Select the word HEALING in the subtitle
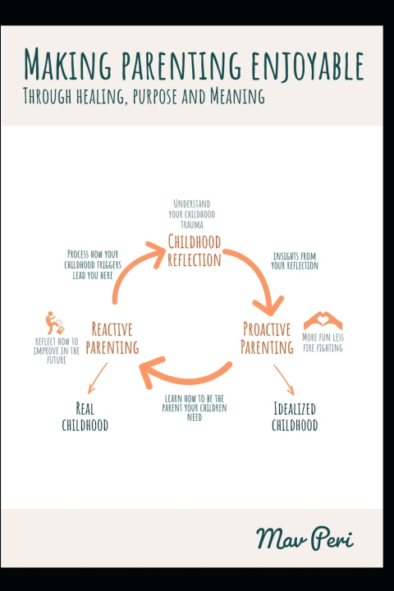(100, 96)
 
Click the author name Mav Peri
(305, 538)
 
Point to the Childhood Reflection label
(195, 250)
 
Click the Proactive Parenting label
(267, 338)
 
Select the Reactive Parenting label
(112, 338)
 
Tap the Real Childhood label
(85, 416)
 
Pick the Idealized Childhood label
(295, 416)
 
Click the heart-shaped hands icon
(323, 321)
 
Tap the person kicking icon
(55, 323)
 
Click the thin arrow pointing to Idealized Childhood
(283, 379)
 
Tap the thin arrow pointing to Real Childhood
(98, 378)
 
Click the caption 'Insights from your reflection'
(295, 261)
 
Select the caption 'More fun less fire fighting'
(323, 342)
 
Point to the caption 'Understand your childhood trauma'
(192, 214)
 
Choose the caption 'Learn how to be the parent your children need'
(195, 408)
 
